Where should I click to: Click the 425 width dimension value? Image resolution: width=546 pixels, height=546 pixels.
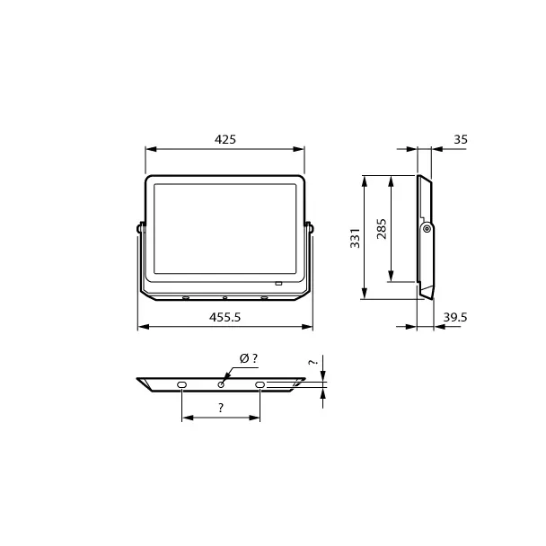[x=225, y=139]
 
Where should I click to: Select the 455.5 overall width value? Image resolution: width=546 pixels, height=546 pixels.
[x=225, y=317]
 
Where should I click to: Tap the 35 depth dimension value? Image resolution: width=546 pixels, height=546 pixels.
[x=461, y=139]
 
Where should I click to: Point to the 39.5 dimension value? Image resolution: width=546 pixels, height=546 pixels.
[x=455, y=317]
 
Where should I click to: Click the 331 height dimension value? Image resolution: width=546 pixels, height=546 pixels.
[x=356, y=238]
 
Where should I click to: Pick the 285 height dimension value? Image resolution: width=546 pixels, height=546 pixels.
[x=382, y=229]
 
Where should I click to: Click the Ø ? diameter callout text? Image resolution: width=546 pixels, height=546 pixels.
[x=249, y=358]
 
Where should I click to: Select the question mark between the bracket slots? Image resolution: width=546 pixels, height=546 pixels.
[x=221, y=408]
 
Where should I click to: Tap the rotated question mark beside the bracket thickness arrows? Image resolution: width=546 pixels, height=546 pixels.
[x=313, y=362]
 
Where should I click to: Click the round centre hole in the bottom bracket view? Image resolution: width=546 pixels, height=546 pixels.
[x=221, y=384]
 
